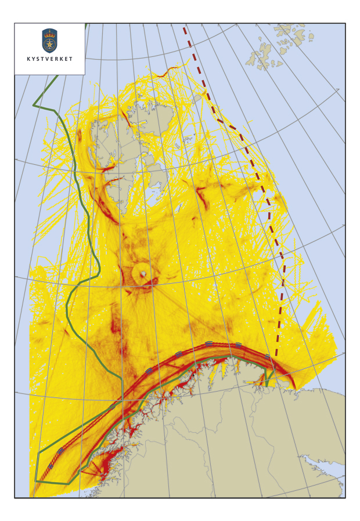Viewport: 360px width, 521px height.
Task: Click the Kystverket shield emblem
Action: (x=50, y=41)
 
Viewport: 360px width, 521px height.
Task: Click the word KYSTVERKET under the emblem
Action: (x=50, y=59)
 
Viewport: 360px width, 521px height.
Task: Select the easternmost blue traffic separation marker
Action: (x=268, y=356)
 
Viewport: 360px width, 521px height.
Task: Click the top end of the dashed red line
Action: (x=184, y=27)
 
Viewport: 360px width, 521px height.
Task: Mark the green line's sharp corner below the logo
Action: (x=34, y=105)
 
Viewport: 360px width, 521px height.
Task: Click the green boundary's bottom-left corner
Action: (x=35, y=481)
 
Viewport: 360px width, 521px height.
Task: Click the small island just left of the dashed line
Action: (x=197, y=99)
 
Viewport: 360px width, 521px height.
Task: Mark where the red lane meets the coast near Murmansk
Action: (x=293, y=388)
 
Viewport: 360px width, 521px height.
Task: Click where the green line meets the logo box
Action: (x=85, y=27)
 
